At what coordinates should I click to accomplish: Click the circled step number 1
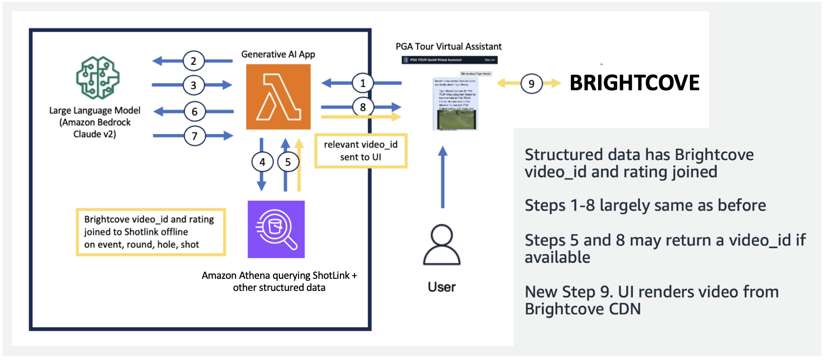pos(363,83)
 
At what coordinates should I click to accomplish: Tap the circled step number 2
pos(194,61)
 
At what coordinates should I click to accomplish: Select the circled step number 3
pos(194,85)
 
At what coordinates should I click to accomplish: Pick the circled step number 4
pos(262,162)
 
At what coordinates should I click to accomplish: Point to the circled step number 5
pos(288,162)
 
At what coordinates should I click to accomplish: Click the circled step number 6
pos(195,111)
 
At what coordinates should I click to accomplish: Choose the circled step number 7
pos(195,136)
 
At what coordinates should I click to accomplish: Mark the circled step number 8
pos(363,107)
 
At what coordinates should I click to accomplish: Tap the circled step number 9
pos(531,84)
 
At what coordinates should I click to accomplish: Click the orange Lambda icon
pos(278,97)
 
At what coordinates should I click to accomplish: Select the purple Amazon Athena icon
pos(276,229)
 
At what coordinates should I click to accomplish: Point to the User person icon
pos(442,245)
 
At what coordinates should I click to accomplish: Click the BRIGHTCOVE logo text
pos(634,83)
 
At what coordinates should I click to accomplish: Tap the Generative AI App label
pos(278,54)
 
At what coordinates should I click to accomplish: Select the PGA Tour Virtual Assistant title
pos(448,46)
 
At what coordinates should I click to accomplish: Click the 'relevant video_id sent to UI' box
pos(361,151)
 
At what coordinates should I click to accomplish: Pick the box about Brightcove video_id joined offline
pos(151,232)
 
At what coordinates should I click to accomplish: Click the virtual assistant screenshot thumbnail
pos(455,104)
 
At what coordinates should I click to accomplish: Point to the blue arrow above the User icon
pos(443,176)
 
